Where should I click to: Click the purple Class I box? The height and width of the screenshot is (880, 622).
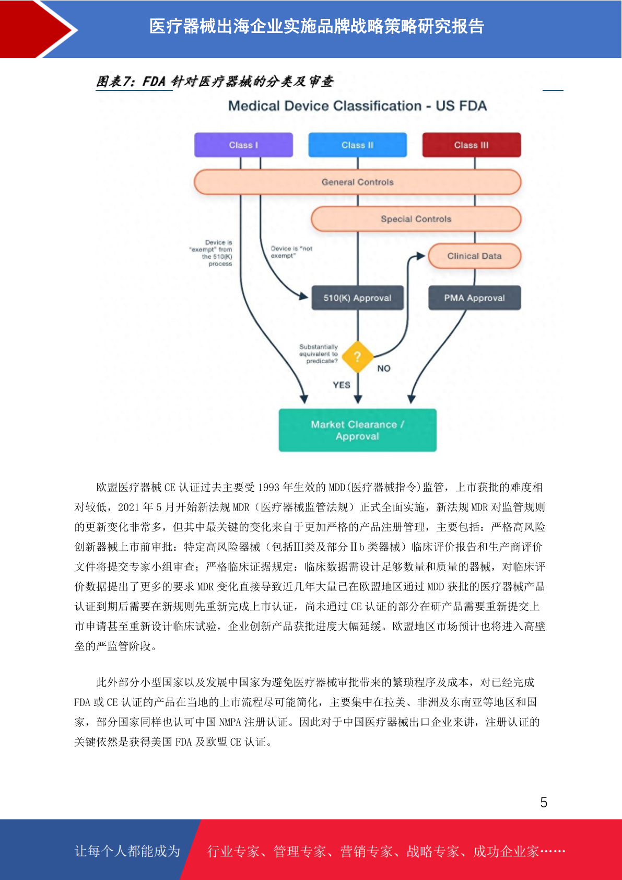[243, 145]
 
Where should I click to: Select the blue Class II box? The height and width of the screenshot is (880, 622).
[357, 145]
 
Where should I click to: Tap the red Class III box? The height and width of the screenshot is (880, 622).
[472, 145]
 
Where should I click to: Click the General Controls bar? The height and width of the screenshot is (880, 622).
[357, 182]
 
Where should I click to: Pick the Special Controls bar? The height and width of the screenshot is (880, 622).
[416, 219]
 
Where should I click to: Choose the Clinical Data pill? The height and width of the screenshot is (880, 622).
[475, 256]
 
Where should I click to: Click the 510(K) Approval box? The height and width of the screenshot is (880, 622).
[357, 298]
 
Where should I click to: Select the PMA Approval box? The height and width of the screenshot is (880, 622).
[475, 298]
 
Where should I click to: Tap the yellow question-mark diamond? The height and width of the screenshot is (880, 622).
[357, 357]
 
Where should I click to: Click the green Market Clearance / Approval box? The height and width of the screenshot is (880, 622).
[357, 430]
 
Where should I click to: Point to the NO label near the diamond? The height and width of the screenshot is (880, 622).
[384, 368]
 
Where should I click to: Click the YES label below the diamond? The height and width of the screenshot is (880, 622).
[341, 385]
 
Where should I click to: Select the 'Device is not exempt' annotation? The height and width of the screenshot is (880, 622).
[291, 252]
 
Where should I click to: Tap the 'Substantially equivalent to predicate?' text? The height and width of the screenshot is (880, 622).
[319, 354]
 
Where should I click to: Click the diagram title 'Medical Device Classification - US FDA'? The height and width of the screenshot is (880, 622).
[357, 106]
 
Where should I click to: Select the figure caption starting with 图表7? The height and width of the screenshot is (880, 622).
[215, 82]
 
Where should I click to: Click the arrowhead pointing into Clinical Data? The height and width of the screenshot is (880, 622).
[421, 256]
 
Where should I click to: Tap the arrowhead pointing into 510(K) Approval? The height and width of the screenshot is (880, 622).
[303, 296]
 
